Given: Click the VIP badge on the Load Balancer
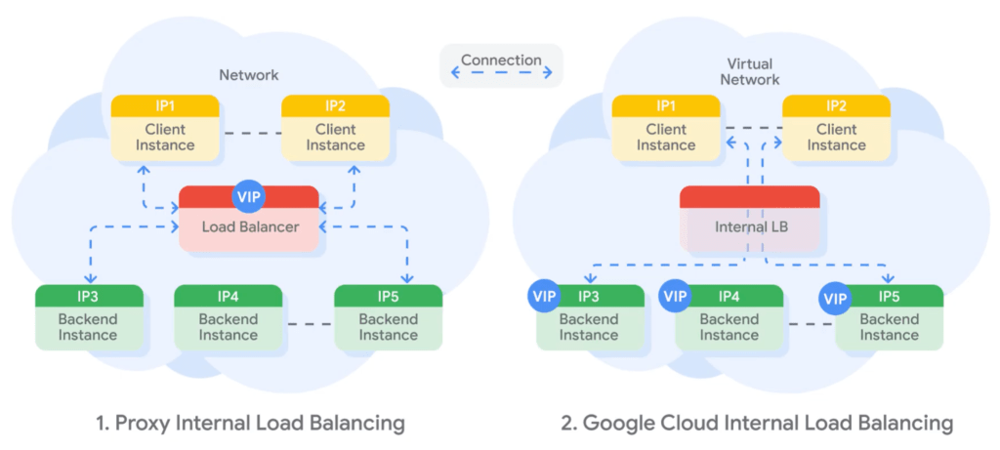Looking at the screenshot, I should click(x=248, y=195).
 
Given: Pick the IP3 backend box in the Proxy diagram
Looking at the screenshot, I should click(x=89, y=317).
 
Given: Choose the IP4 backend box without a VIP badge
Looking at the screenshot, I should click(x=228, y=317).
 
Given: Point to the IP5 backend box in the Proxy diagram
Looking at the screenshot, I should click(x=388, y=317).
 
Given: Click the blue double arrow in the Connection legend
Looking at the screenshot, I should click(x=501, y=74).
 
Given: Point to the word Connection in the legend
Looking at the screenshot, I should click(x=501, y=60).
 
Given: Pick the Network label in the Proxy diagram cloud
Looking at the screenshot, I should click(x=248, y=74).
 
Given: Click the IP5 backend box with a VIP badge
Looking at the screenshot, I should click(x=890, y=317).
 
